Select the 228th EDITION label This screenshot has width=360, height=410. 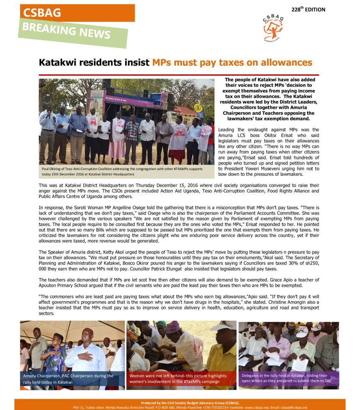tap(308, 9)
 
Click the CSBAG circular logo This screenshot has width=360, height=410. tap(273, 28)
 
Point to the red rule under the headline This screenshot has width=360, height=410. tap(179, 75)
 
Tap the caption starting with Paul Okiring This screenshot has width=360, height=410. tap(122, 171)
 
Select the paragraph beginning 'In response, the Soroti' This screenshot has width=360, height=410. tap(179, 225)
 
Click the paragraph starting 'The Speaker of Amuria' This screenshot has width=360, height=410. tap(179, 260)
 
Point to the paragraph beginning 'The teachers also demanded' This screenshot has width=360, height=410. tap(179, 282)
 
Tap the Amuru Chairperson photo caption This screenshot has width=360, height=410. tap(72, 379)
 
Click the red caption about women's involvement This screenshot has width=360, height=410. tap(178, 379)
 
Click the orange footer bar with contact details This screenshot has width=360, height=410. tap(180, 404)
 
